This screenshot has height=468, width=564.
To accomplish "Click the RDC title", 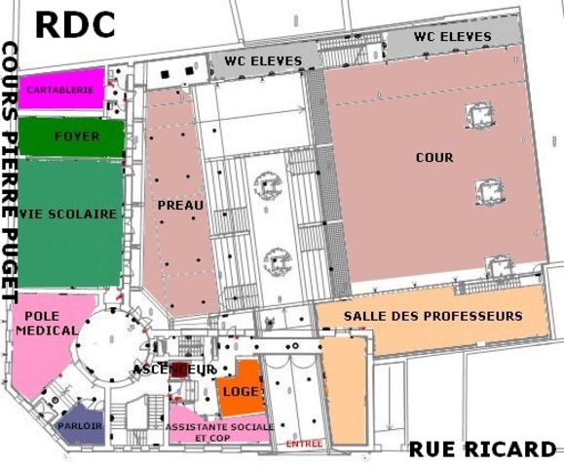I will [74, 24].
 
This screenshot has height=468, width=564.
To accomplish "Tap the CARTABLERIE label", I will [60, 90].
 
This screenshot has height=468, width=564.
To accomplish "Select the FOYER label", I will [77, 136].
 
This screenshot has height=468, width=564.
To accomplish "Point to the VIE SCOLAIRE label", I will [68, 214].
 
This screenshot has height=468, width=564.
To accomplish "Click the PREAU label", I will [180, 205].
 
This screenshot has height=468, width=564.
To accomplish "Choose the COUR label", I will [433, 157].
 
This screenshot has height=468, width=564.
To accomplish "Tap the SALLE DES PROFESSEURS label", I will [433, 316].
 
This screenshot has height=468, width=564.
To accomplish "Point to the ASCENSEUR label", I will [174, 370].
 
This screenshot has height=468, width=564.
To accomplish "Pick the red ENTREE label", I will [304, 444].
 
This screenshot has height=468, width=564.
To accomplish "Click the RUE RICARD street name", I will [482, 448].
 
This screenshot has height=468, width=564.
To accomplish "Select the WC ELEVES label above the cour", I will [451, 36].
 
